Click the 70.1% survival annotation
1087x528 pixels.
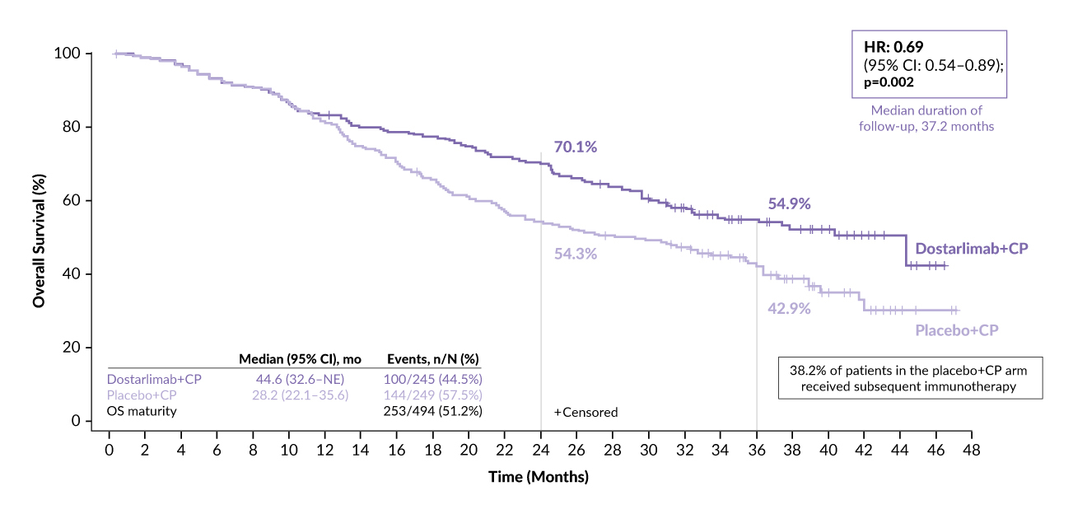[575, 147]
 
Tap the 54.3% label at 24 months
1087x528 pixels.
[575, 254]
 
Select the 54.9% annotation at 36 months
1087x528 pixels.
[790, 203]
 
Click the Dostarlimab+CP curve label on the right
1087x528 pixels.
[972, 249]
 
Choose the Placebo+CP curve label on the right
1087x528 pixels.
[957, 330]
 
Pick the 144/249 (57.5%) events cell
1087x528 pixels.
[433, 395]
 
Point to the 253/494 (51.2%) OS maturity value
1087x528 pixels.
[433, 411]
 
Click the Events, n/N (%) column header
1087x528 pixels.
[433, 359]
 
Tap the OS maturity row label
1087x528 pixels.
[142, 411]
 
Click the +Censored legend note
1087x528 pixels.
[585, 412]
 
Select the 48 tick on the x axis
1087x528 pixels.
[971, 451]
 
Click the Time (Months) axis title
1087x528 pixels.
[539, 477]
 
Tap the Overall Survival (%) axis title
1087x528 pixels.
[39, 237]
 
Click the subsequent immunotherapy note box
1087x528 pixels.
[910, 378]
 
